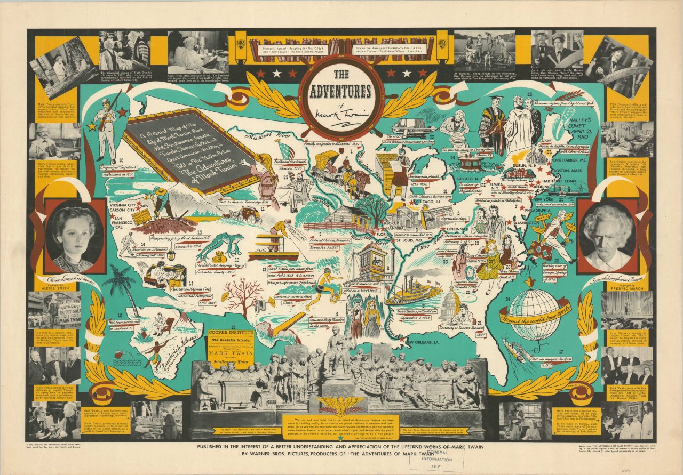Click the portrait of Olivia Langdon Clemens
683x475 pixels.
coord(75,237)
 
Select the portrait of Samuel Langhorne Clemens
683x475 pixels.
coord(608,237)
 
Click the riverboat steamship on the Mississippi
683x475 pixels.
coord(414,290)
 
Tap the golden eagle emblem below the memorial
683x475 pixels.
coord(341,405)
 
